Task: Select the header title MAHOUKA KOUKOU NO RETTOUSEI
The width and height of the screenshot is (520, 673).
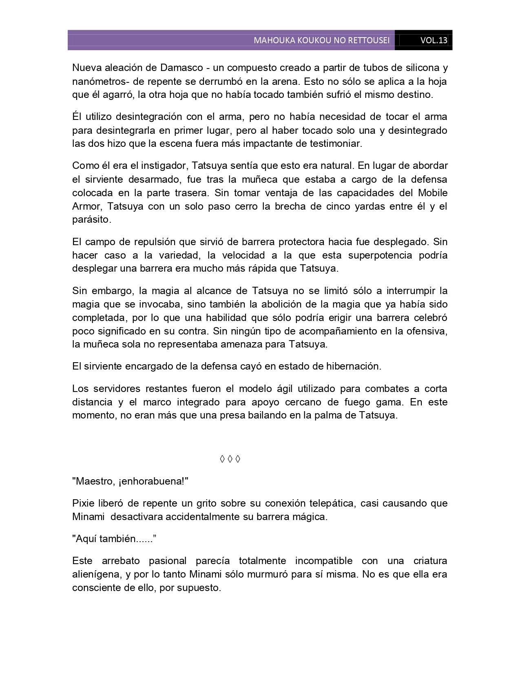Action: [321, 40]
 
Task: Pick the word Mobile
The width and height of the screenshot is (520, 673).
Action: [432, 193]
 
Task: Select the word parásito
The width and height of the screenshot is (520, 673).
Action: [91, 219]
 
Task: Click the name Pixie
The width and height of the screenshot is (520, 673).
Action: [84, 503]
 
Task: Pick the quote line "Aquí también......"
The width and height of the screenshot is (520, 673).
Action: [115, 538]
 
